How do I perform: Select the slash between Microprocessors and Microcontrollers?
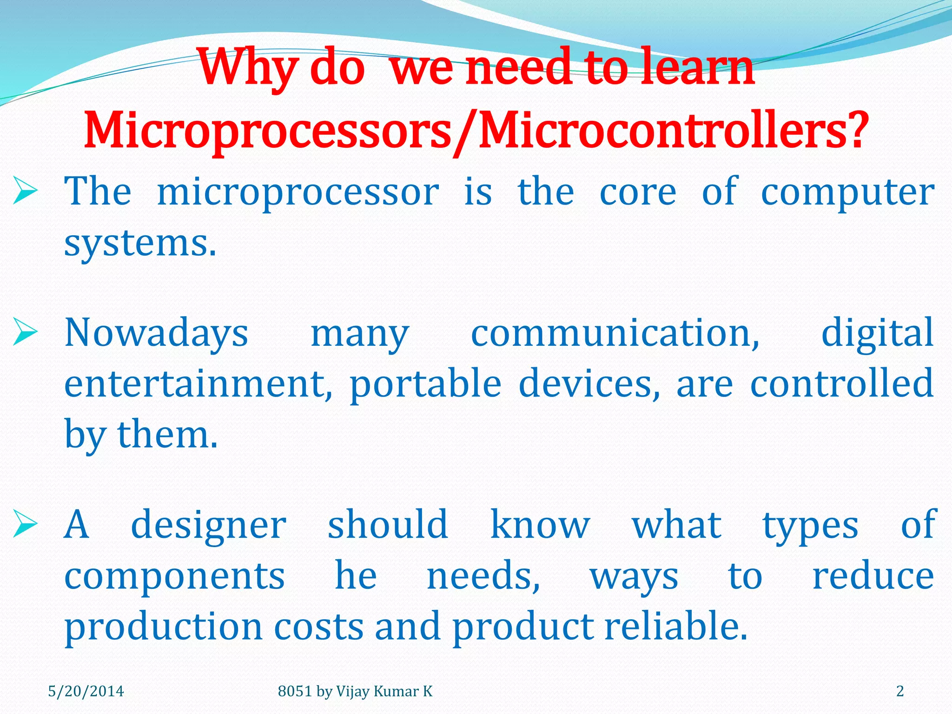coord(465,132)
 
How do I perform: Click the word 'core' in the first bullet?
coord(638,192)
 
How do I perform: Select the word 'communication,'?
coord(615,333)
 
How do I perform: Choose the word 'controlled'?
coord(842,383)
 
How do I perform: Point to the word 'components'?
coord(174,576)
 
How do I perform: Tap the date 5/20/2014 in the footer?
coord(86,691)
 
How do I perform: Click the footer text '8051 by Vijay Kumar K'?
coord(355,691)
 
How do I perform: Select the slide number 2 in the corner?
coord(900,691)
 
